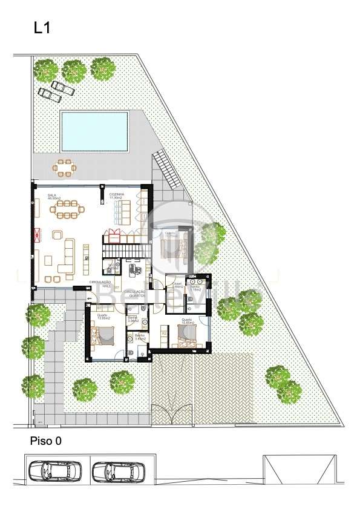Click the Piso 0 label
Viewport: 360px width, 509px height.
45,442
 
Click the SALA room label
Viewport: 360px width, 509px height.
52,197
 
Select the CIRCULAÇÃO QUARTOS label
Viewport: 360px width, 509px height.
135,294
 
